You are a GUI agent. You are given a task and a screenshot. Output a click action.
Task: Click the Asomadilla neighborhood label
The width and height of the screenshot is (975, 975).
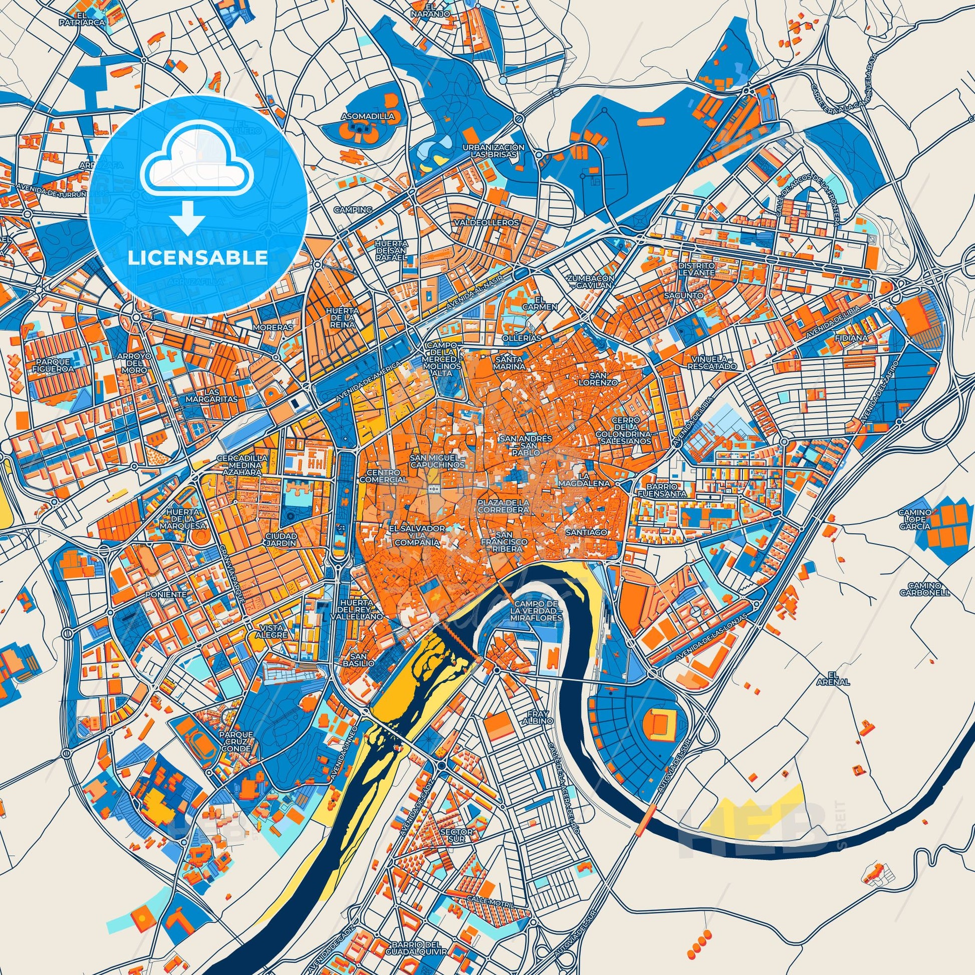point(360,116)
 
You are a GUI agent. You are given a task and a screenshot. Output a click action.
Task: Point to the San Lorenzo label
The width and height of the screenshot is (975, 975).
point(604,378)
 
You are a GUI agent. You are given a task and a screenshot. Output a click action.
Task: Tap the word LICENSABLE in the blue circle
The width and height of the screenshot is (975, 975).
point(197,258)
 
